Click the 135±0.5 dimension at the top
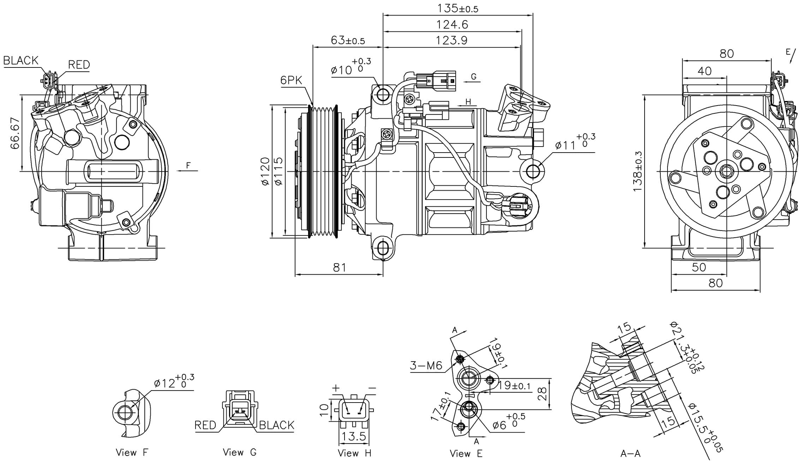pyautogui.click(x=457, y=8)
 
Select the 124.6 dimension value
pyautogui.click(x=452, y=24)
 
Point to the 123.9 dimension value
pyautogui.click(x=451, y=40)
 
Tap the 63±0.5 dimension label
pyautogui.click(x=348, y=40)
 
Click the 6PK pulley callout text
pyautogui.click(x=291, y=81)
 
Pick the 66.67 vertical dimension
pyautogui.click(x=15, y=133)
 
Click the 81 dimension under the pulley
pyautogui.click(x=339, y=268)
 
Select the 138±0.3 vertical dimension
pyautogui.click(x=638, y=172)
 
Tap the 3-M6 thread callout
pyautogui.click(x=426, y=365)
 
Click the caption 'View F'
pyautogui.click(x=132, y=452)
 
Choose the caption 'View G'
pyautogui.click(x=240, y=452)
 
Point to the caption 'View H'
pyautogui.click(x=354, y=453)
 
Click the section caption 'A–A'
pyautogui.click(x=630, y=454)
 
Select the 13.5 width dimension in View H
pyautogui.click(x=354, y=436)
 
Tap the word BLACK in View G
pyautogui.click(x=276, y=425)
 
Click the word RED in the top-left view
pyautogui.click(x=79, y=65)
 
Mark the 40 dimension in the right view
pyautogui.click(x=705, y=71)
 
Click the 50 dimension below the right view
pyautogui.click(x=699, y=267)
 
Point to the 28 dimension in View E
pyautogui.click(x=543, y=394)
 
